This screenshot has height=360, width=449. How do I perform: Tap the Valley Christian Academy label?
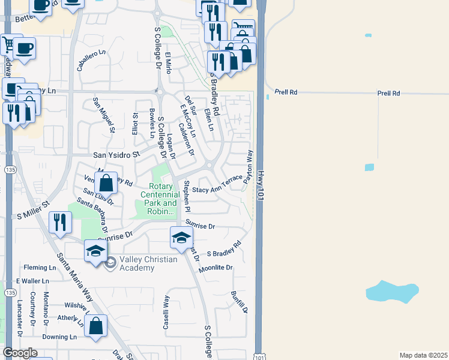pyautogui.click(x=148, y=263)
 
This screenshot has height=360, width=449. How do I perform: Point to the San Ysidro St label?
pyautogui.click(x=116, y=154)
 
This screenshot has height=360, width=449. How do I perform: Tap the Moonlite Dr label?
pyautogui.click(x=215, y=268)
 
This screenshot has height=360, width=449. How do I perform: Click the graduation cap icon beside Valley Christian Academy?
pyautogui.click(x=95, y=251)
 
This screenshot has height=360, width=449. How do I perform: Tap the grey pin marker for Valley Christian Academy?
pyautogui.click(x=110, y=263)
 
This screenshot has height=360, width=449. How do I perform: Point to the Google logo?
pyautogui.click(x=20, y=352)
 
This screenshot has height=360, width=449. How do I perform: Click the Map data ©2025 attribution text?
pyautogui.click(x=423, y=355)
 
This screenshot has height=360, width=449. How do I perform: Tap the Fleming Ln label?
pyautogui.click(x=40, y=268)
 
